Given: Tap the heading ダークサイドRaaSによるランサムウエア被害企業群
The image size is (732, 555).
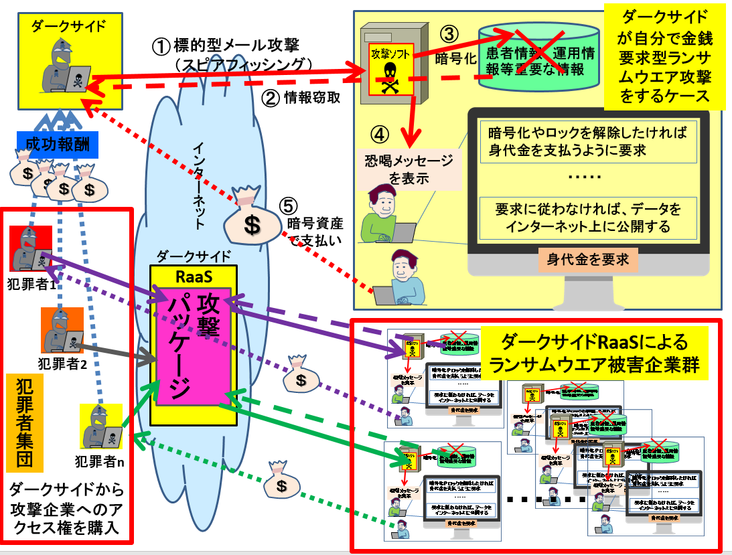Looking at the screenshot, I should click(x=596, y=353).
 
